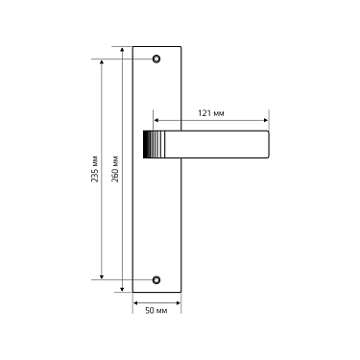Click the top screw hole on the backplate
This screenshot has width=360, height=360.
point(156,59)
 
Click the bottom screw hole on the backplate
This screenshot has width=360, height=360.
point(156,280)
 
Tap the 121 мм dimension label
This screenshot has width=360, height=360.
point(211,113)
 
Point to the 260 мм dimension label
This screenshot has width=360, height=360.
point(115,170)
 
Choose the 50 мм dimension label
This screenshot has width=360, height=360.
point(156,312)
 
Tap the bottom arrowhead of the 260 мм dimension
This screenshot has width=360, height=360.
point(123,291)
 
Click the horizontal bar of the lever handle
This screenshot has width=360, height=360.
point(216,145)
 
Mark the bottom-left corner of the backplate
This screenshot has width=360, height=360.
point(133,294)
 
